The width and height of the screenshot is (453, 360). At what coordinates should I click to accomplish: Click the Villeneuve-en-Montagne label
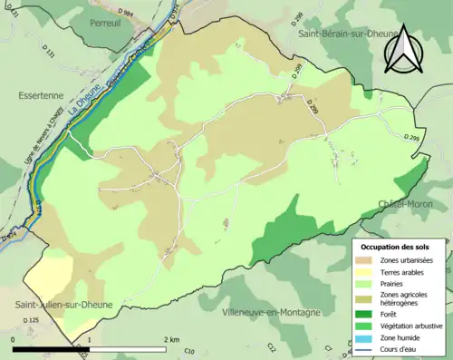click(271, 312)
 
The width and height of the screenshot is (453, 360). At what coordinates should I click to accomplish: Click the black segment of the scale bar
click(51, 348)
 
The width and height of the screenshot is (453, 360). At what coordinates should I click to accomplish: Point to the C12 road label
click(271, 347)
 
